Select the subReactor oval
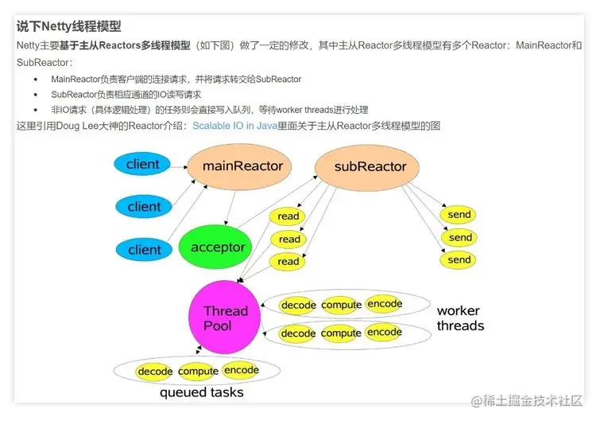[x=370, y=167]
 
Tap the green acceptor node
[x=218, y=247]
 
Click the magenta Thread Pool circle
[x=225, y=318]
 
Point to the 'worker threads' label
[x=460, y=318]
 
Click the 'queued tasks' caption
[x=201, y=392]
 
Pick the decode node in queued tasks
[x=155, y=372]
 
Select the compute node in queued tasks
[x=199, y=372]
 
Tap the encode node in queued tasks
[x=242, y=370]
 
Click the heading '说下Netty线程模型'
[x=69, y=27]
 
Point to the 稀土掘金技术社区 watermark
[x=532, y=400]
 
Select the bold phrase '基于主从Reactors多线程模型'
[x=125, y=45]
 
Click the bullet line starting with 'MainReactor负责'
[x=175, y=79]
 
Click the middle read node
[x=289, y=239]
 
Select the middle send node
[x=460, y=237]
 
